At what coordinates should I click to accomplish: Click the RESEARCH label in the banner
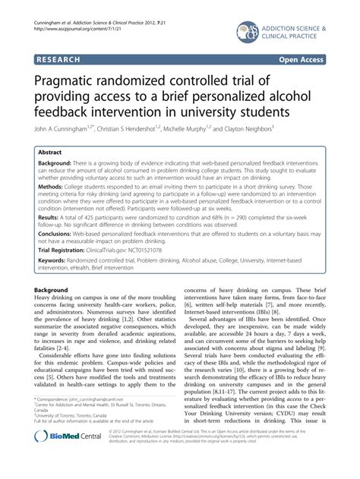(x=63, y=57)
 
